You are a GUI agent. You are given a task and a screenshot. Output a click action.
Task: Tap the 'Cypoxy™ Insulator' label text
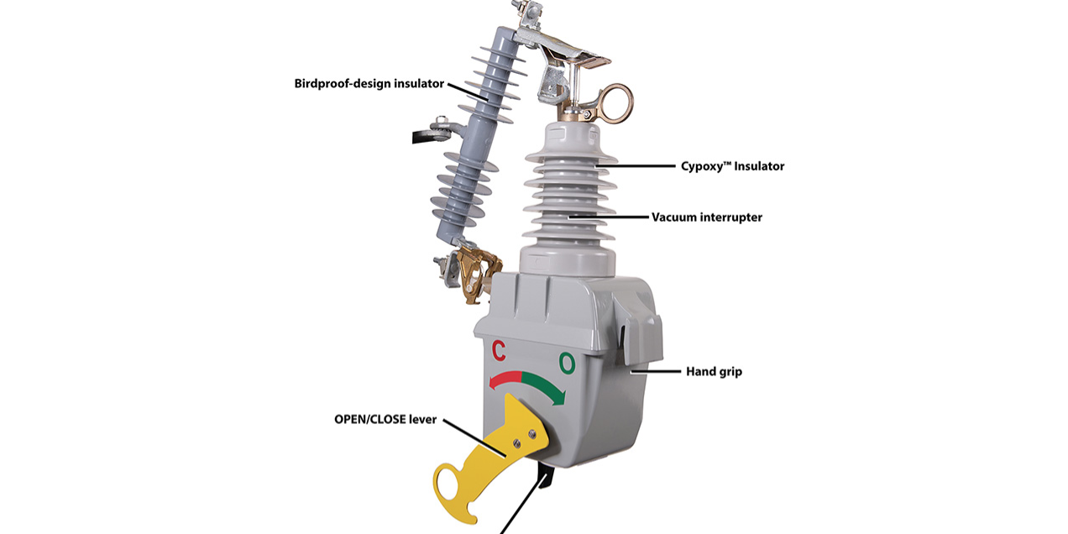[732, 166]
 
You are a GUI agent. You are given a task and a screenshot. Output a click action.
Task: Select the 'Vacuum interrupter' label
[707, 217]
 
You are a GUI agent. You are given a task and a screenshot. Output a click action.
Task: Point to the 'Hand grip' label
[714, 370]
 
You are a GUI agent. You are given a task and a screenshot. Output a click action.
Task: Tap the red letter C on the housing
[498, 349]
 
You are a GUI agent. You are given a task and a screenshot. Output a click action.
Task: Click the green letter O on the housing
[568, 363]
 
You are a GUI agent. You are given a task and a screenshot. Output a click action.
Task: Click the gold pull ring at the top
[616, 101]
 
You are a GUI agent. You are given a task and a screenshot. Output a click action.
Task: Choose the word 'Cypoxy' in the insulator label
[705, 166]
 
